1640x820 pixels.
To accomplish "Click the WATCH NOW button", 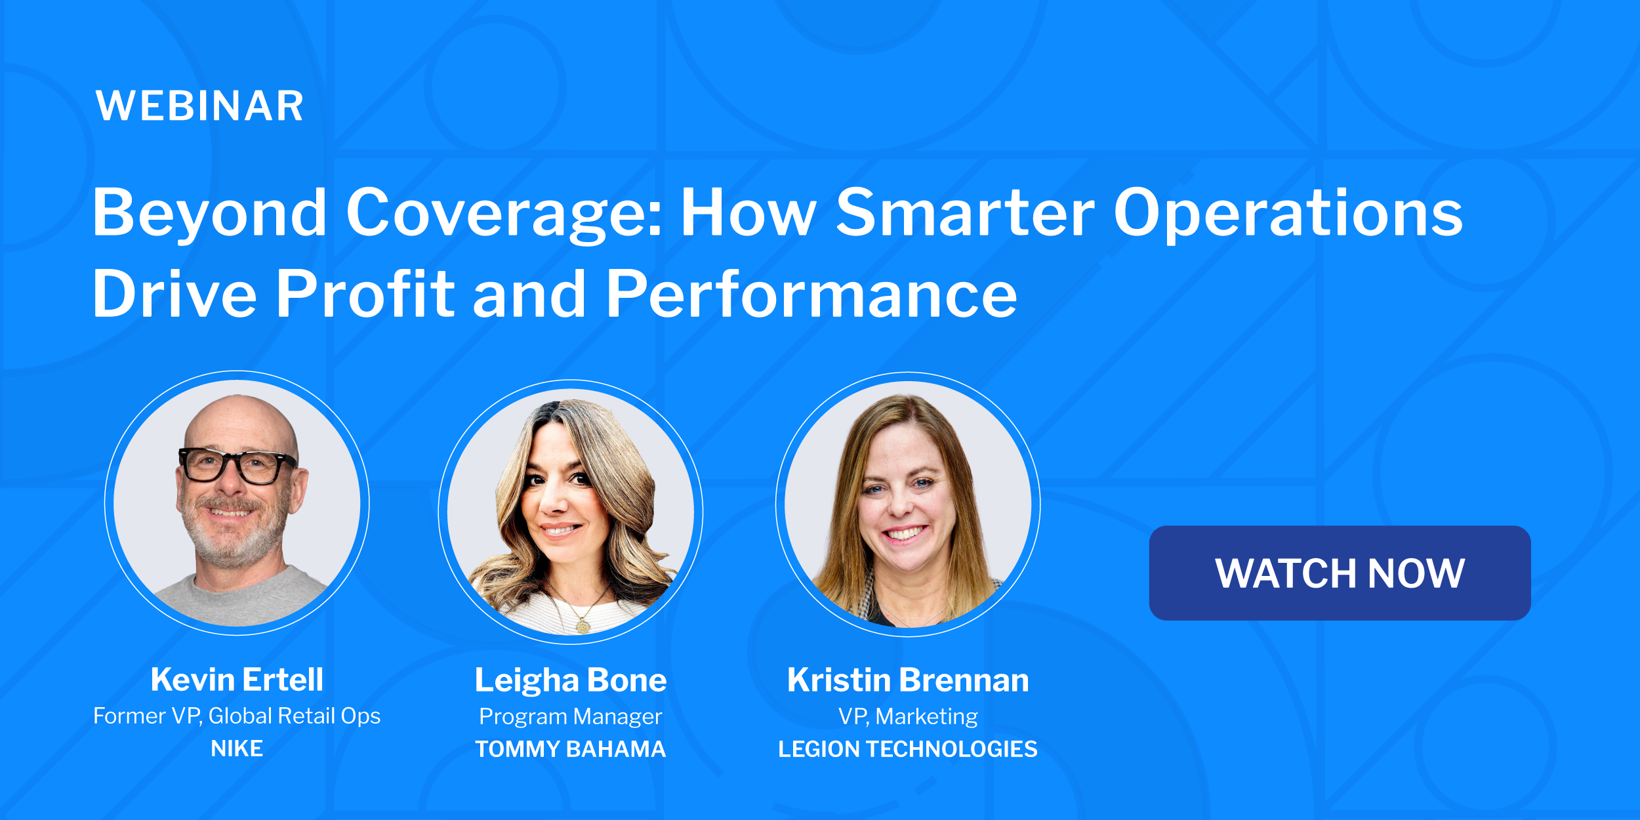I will [1340, 573].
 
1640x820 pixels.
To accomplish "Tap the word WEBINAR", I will [199, 106].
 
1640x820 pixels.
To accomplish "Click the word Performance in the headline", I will [811, 295].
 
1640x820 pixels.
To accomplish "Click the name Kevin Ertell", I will [237, 679].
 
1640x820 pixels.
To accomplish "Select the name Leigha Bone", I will [570, 680].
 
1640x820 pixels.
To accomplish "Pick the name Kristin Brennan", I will [908, 680].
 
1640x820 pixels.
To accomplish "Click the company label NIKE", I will [237, 748].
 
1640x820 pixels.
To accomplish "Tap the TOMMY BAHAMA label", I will [570, 749].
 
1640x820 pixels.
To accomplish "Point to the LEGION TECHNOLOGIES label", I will [908, 749].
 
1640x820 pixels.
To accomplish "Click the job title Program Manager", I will [570, 716].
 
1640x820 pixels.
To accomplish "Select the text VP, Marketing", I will [908, 716].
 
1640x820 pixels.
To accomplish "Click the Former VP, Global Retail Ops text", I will [237, 716].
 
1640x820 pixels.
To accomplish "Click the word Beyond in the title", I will [209, 213].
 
